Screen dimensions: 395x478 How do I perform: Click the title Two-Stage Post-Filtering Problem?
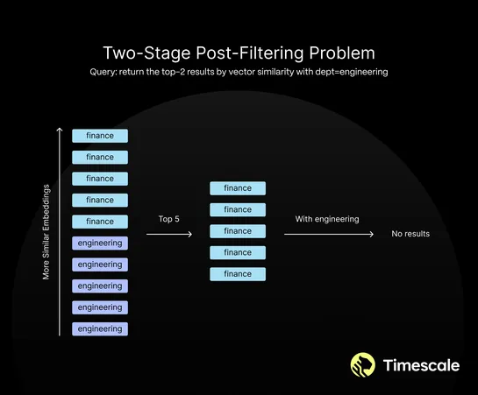[239, 52]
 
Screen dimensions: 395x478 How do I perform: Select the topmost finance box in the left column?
[100, 136]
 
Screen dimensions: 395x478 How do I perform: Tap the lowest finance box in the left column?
[100, 222]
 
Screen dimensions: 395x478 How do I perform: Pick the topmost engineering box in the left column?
[100, 243]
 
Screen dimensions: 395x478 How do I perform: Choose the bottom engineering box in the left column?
[100, 328]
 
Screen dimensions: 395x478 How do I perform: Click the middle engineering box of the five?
[100, 286]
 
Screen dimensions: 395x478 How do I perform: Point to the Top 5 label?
[169, 219]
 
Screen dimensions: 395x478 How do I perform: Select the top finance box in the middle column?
[238, 188]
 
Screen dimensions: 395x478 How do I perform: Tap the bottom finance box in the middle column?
[238, 274]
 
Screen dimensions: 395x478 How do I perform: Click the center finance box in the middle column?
[238, 231]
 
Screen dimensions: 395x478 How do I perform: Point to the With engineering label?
[327, 219]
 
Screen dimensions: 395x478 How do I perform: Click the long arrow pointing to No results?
[330, 235]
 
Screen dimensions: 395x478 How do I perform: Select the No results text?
[410, 235]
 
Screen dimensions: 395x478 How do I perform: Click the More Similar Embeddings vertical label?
[46, 232]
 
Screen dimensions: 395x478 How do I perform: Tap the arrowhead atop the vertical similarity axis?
[59, 130]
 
